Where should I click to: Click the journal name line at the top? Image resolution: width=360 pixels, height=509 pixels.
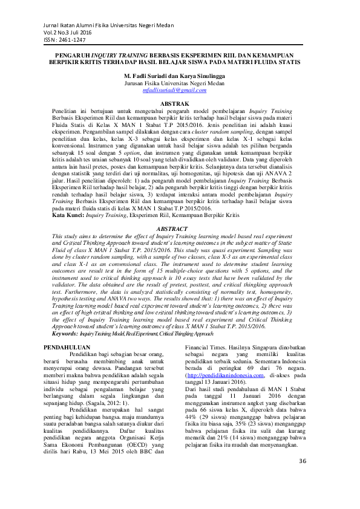(x=105, y=25)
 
